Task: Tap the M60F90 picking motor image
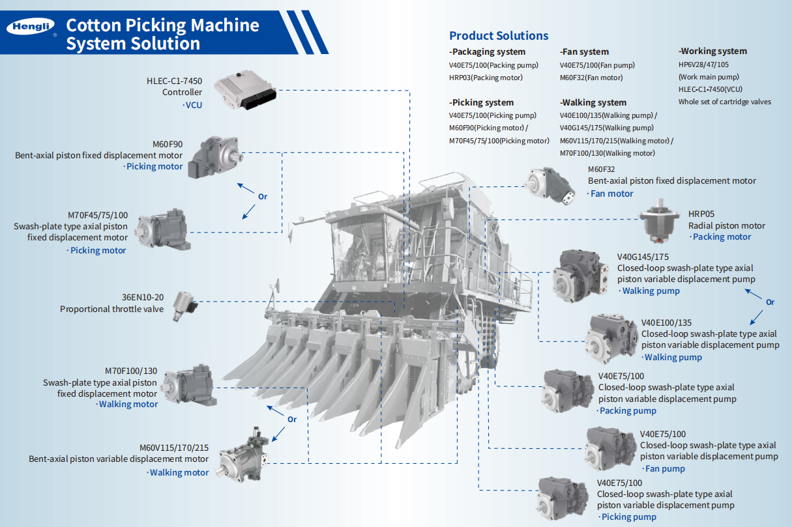215,156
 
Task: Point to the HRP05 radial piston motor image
659,221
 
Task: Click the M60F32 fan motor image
550,185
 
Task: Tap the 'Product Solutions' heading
499,36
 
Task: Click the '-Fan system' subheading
584,51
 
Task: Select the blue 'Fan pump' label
664,468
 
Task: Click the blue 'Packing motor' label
722,236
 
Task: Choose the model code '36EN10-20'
143,297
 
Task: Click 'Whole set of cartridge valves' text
724,102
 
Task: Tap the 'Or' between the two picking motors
263,196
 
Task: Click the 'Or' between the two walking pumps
770,302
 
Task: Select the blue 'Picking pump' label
628,517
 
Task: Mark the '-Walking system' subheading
593,102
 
